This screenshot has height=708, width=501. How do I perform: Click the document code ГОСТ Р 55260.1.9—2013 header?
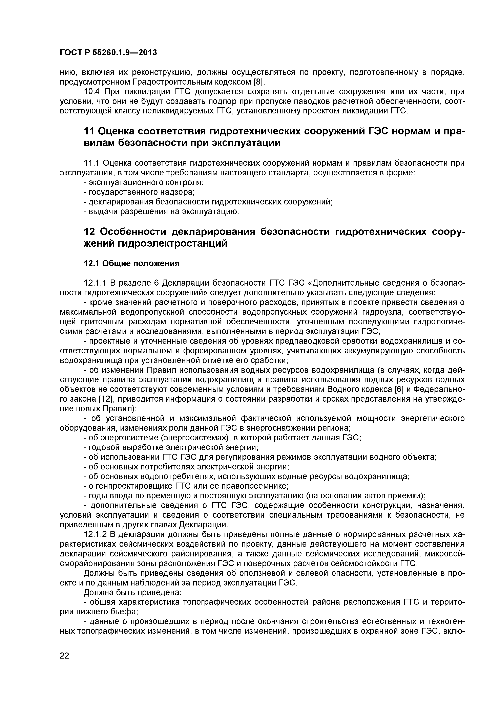pyautogui.click(x=108, y=53)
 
